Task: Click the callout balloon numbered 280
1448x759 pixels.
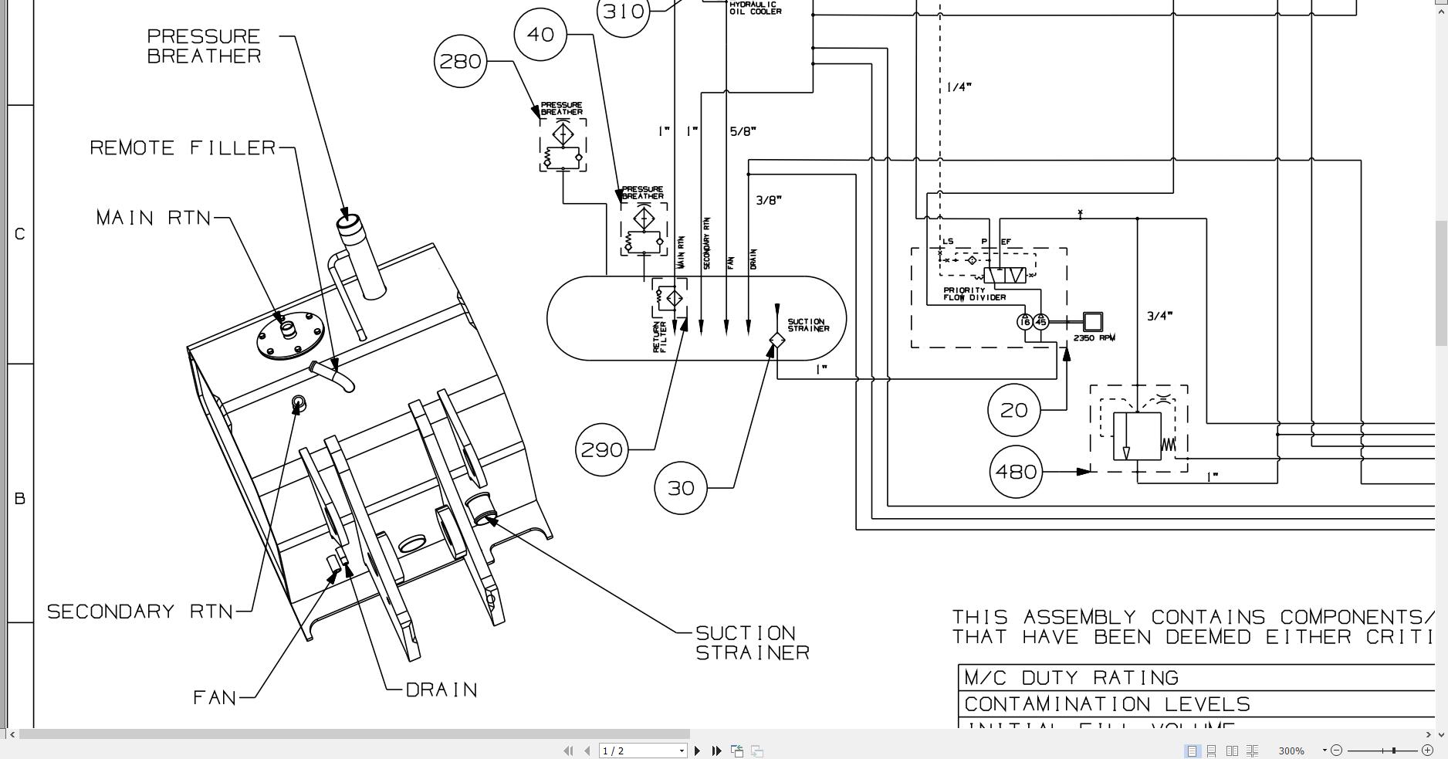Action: coord(460,61)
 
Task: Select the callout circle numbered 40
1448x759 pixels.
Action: coord(540,34)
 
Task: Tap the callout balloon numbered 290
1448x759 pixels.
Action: coord(601,449)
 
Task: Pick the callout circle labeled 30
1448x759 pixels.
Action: coord(681,488)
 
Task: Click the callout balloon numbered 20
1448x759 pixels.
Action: coord(1013,410)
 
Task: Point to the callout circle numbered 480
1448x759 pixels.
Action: coord(1016,471)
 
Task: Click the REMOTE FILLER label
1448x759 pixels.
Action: coord(183,147)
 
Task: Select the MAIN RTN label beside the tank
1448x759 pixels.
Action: coord(154,218)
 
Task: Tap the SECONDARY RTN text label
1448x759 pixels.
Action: coord(140,612)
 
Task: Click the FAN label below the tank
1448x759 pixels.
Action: coord(215,697)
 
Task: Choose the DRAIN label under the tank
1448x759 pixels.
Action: coord(442,690)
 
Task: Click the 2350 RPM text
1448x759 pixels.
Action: coord(1094,338)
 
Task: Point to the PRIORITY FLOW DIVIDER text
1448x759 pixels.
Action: coord(974,294)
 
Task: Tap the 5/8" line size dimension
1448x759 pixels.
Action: coord(743,131)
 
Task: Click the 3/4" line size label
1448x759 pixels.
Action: coord(1159,316)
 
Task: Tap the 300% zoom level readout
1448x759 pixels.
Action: coord(1291,751)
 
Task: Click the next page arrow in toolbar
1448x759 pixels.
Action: coord(698,751)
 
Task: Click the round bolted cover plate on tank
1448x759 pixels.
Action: coord(290,335)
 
